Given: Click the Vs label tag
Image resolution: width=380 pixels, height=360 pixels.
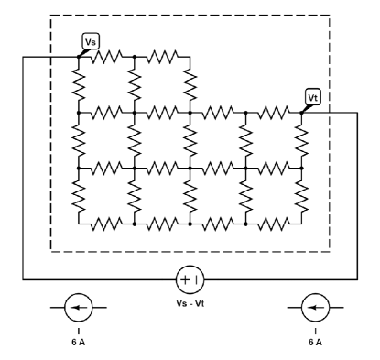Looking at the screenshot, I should click(90, 41).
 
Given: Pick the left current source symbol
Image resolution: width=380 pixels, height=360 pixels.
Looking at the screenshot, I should click(80, 307).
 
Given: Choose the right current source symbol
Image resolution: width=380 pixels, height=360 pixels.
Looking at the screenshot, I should click(316, 307).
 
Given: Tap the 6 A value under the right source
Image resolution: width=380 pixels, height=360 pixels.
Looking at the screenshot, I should click(316, 341).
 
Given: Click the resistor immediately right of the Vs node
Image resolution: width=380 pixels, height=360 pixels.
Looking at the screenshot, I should click(107, 57).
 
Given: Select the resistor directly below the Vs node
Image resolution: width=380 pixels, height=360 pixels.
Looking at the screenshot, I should click(80, 84).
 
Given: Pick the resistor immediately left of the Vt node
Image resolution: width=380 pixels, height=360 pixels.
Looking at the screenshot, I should click(273, 113).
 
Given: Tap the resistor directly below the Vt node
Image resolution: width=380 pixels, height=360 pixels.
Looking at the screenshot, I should click(300, 140).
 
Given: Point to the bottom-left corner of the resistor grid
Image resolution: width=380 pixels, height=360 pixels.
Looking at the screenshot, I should click(80, 223).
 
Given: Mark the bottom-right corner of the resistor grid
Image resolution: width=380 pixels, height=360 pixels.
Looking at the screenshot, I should click(300, 223).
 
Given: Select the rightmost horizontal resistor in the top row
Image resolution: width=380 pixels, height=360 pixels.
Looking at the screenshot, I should click(162, 57).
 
